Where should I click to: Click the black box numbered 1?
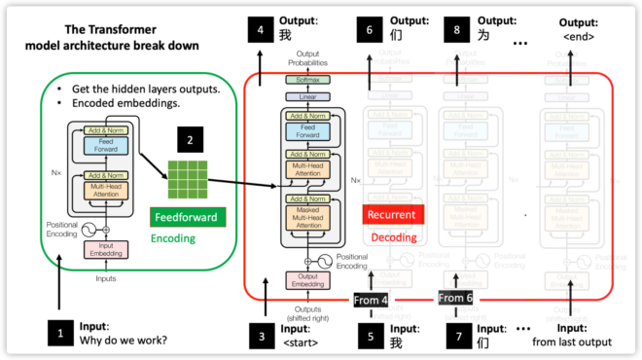point(60,334)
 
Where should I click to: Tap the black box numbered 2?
point(190,140)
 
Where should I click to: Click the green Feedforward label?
point(184,216)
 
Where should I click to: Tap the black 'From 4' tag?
point(371,300)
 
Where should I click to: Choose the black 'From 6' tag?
point(455,298)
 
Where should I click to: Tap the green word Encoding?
point(172,236)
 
